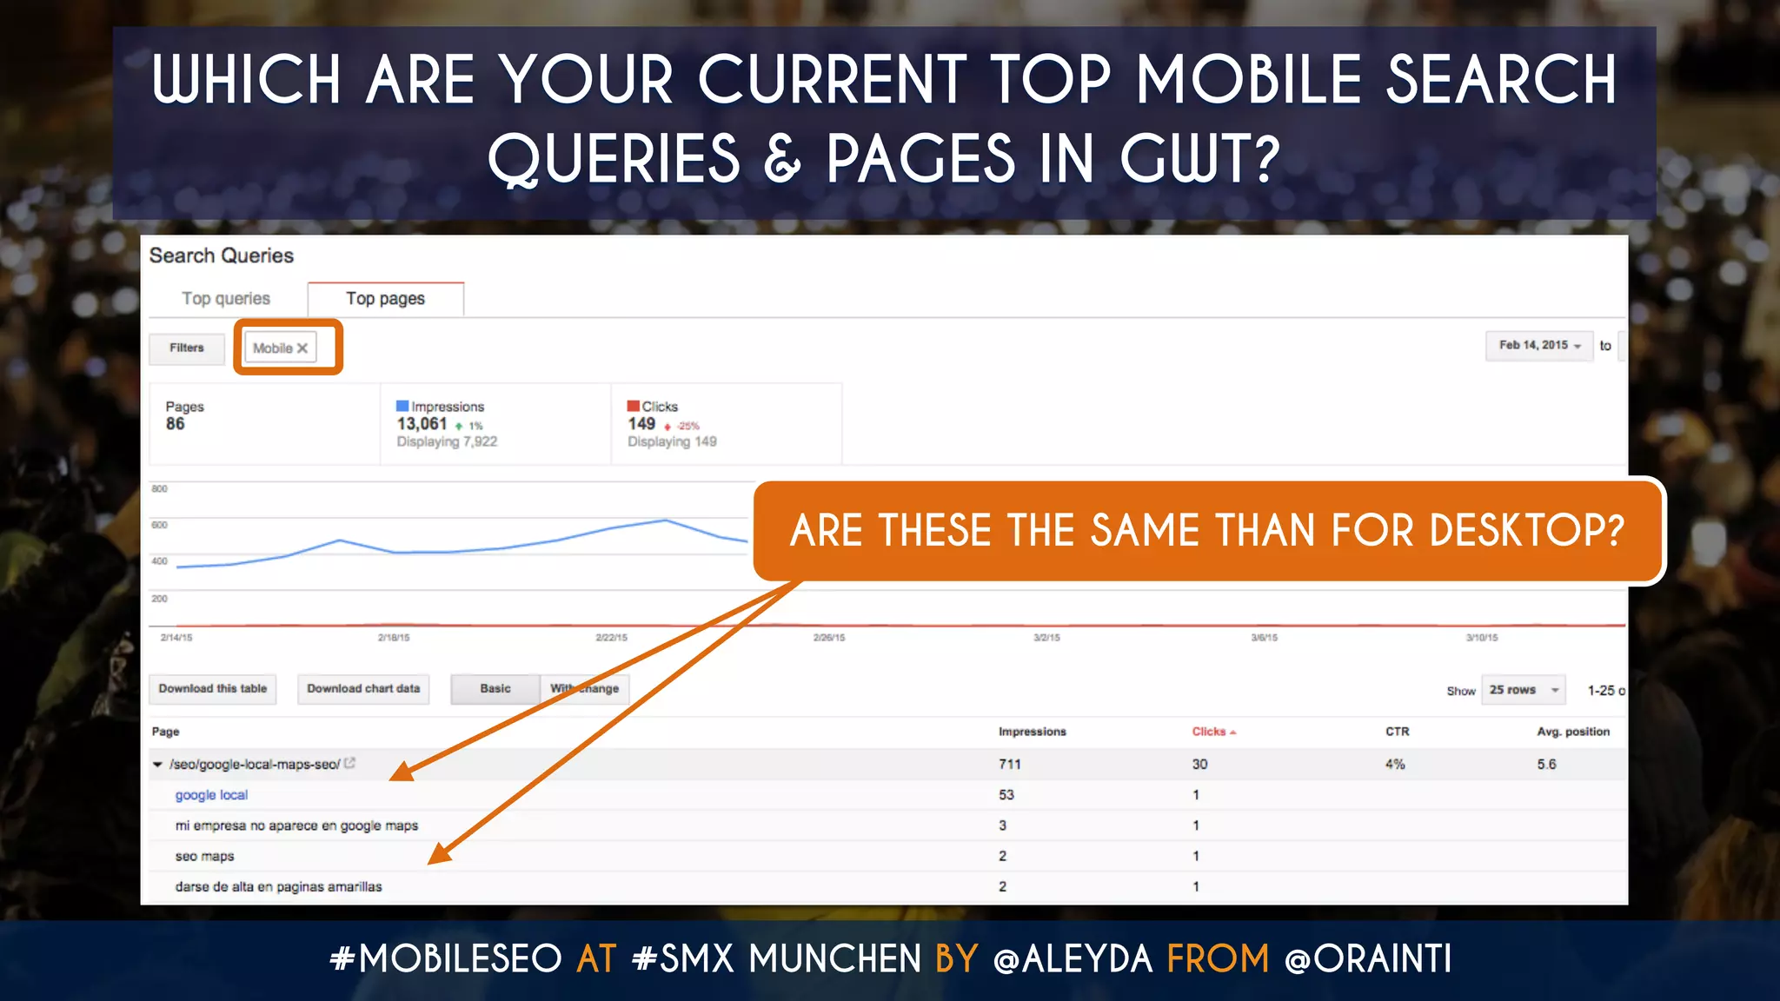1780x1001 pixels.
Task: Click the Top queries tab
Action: point(226,299)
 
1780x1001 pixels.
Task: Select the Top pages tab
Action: point(385,299)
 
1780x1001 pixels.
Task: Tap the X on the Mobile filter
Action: point(302,348)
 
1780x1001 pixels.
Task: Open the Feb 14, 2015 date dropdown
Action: point(1539,346)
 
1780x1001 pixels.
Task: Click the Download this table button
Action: point(213,689)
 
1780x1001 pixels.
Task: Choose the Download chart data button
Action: point(363,689)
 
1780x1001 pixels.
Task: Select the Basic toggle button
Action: point(495,689)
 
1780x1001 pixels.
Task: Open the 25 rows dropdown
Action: point(1523,690)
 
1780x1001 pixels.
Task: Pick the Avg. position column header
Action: point(1572,732)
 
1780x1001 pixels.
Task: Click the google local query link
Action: point(211,795)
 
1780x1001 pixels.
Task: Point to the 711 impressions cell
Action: point(1009,765)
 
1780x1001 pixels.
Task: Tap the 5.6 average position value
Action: point(1546,765)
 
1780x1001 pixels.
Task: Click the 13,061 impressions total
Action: point(422,424)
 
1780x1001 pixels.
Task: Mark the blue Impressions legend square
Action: point(402,406)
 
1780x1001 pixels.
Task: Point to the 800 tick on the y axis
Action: point(160,489)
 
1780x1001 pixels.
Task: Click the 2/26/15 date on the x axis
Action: point(828,638)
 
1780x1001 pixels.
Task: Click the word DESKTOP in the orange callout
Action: point(1526,530)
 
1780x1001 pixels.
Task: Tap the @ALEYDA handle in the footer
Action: point(1073,959)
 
